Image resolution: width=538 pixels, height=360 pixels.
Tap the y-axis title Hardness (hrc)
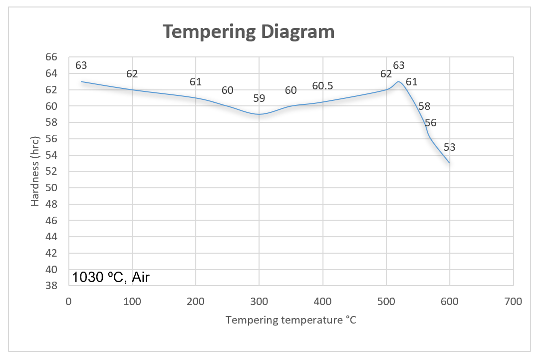click(35, 171)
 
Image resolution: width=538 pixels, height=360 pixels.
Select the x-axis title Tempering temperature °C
click(291, 320)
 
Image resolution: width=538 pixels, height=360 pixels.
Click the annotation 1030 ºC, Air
click(111, 278)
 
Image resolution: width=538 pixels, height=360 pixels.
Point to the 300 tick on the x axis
click(259, 302)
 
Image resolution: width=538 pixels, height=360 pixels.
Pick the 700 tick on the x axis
click(513, 302)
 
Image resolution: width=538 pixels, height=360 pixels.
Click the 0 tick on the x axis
click(68, 302)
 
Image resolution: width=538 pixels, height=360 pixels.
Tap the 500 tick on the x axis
click(386, 302)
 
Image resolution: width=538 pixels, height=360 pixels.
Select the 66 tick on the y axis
click(52, 57)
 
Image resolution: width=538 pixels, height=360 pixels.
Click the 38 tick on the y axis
click(52, 286)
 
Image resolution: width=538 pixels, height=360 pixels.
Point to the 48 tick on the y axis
click(52, 204)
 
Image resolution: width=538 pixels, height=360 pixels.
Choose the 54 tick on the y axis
click(52, 155)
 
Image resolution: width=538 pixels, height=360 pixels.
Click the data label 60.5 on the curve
click(322, 86)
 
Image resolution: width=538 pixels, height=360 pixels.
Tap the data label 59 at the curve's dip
click(259, 98)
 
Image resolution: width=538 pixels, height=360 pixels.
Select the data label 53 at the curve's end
click(450, 147)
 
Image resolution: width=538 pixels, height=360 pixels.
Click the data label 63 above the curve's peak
click(399, 65)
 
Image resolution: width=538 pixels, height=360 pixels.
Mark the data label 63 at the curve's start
click(81, 65)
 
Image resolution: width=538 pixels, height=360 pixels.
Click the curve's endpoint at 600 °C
click(450, 163)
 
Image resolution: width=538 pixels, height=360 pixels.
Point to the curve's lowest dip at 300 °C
click(259, 114)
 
